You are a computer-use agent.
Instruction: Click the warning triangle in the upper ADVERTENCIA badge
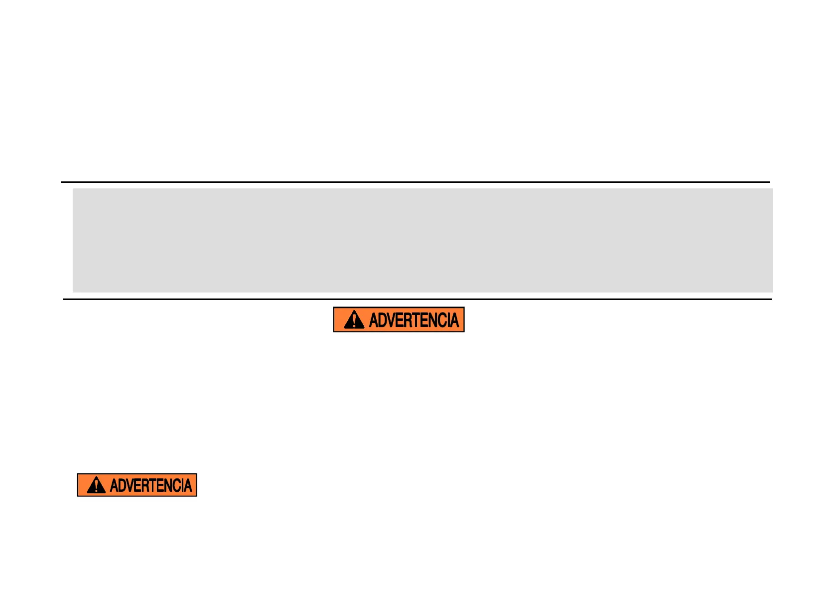pyautogui.click(x=354, y=320)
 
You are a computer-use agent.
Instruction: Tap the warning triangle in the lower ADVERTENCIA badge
pyautogui.click(x=96, y=485)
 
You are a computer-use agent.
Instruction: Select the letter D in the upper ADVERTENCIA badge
pyautogui.click(x=382, y=320)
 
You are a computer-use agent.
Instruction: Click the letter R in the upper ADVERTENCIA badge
pyautogui.click(x=408, y=320)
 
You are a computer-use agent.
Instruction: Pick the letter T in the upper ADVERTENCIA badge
pyautogui.click(x=416, y=320)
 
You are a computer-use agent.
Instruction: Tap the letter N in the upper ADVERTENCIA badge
pyautogui.click(x=432, y=320)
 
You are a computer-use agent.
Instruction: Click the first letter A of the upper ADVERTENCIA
pyautogui.click(x=374, y=320)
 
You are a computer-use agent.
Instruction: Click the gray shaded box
pyautogui.click(x=422, y=240)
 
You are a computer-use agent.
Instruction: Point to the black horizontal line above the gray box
pyautogui.click(x=416, y=182)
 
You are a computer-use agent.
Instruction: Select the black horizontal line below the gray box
pyautogui.click(x=418, y=299)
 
